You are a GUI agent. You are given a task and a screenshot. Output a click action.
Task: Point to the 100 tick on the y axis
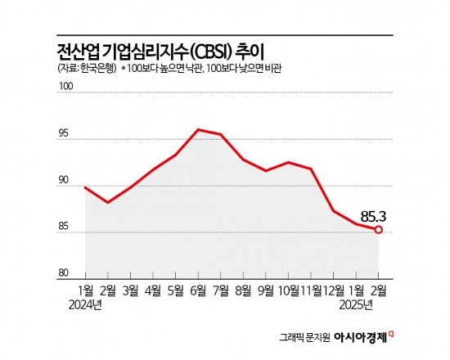coord(65,95)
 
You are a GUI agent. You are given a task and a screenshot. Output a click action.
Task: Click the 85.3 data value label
coord(373,217)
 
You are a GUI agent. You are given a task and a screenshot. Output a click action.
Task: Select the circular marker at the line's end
coord(378,230)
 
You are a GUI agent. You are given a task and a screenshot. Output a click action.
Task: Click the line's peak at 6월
coord(198,129)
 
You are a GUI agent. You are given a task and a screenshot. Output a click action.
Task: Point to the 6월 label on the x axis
coord(198,290)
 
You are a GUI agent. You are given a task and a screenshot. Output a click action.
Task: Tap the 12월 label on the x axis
coord(332,290)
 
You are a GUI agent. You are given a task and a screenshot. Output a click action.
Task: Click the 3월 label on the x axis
coord(130,290)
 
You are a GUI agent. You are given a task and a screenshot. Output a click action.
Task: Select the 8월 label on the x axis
coord(243,290)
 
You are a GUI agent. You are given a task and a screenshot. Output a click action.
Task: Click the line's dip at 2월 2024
coord(108,202)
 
